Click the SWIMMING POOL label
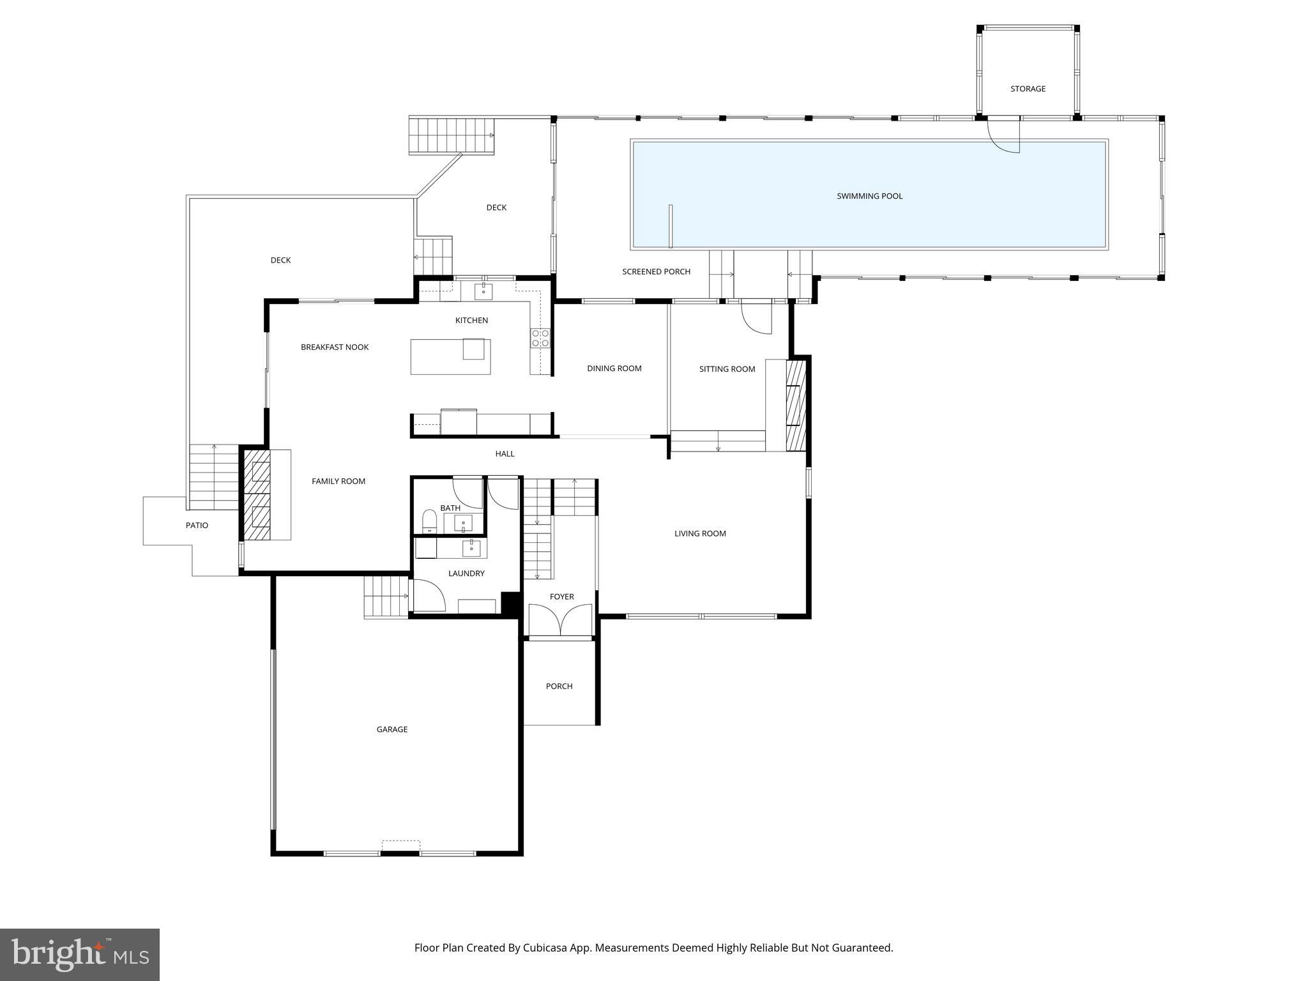tap(869, 196)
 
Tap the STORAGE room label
tap(1028, 89)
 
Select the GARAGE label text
tap(392, 729)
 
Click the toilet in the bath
tap(430, 521)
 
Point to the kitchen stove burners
tap(540, 338)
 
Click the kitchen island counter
tap(450, 356)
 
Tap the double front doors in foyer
tap(560, 621)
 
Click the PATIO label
tap(197, 526)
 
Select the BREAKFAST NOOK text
tap(335, 347)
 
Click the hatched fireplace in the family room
tap(257, 495)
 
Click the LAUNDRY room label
tap(466, 574)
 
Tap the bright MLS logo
tap(80, 955)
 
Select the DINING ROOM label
tap(614, 369)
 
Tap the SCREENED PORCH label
tap(656, 272)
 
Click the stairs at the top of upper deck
tap(452, 135)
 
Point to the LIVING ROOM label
tap(700, 534)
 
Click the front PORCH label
tap(559, 687)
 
